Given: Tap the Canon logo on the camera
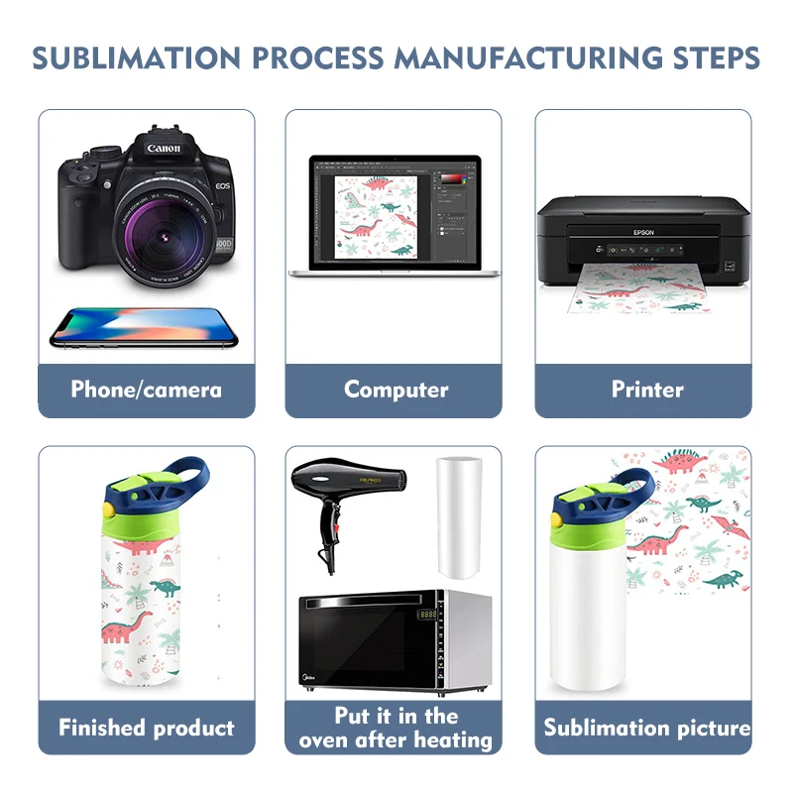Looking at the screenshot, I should [x=163, y=149].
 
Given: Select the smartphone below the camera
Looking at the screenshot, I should [x=145, y=327].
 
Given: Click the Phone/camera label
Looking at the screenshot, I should [x=147, y=390].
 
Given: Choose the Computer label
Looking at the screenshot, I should [x=396, y=390].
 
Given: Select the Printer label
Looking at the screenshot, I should [x=646, y=390].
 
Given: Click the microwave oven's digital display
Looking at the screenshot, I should [x=428, y=615].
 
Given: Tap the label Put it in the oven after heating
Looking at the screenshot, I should [x=396, y=728].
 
